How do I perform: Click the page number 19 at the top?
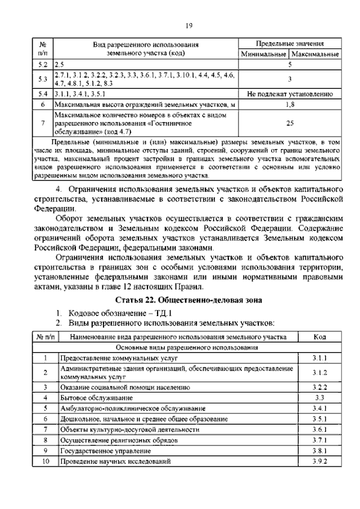189,25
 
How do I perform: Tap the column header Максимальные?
315,55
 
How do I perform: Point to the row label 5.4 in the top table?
43,94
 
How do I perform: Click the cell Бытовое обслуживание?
94,398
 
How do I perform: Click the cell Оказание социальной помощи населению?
121,387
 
